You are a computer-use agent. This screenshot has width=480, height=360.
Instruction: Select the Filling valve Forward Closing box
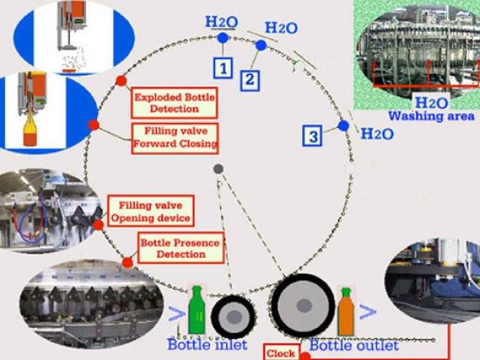point(174,137)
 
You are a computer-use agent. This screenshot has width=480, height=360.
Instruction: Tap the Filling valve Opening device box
point(151,211)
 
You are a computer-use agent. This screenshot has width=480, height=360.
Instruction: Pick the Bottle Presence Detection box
point(181,247)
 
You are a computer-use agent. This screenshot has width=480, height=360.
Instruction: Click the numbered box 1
point(222,68)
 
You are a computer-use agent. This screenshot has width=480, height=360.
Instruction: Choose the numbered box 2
point(249,79)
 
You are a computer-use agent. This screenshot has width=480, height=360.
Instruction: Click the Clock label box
point(281,353)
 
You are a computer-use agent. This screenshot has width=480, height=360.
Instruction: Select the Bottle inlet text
point(202,345)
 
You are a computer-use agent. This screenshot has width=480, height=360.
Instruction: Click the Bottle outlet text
point(354,346)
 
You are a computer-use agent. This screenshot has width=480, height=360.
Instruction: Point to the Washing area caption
point(430,116)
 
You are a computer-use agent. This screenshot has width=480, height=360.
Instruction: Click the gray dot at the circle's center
point(218,169)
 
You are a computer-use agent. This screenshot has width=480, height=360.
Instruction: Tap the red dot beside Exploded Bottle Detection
point(121,81)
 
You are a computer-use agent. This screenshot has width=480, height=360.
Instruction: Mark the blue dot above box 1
point(223,37)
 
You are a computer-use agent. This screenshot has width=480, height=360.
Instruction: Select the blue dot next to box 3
point(343,126)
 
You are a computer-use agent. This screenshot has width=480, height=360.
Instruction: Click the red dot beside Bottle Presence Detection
point(127,262)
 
